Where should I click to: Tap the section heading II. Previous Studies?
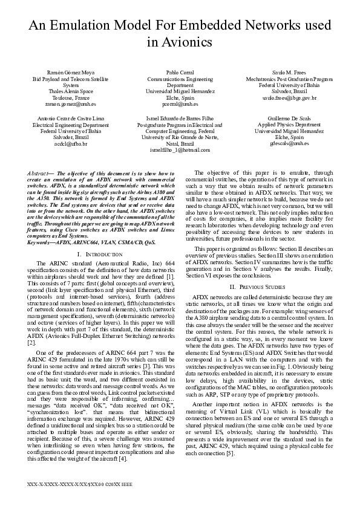point(261,285)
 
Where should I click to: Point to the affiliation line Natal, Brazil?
point(180,143)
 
